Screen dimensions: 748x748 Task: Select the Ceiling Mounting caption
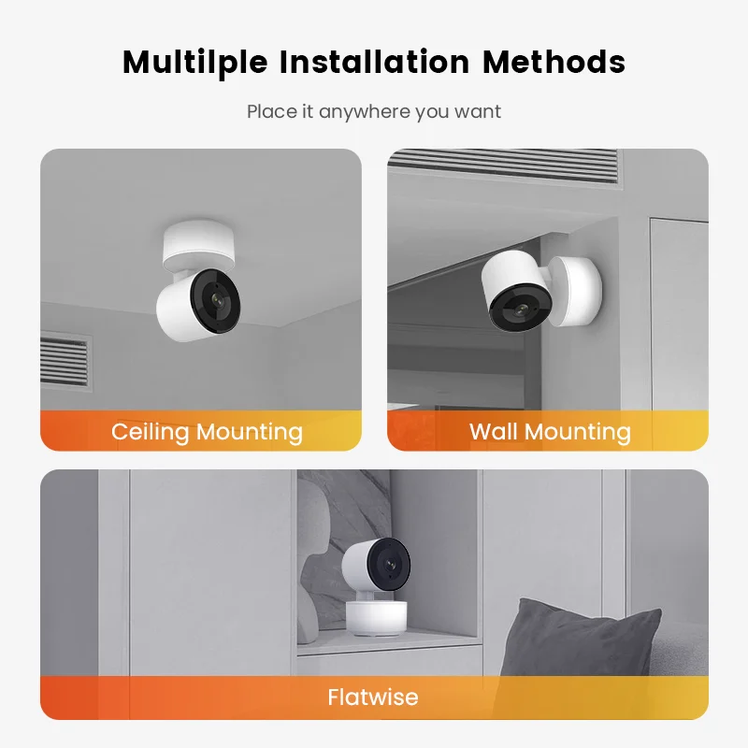(207, 432)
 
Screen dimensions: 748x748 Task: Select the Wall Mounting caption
(550, 432)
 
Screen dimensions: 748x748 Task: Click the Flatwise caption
(373, 698)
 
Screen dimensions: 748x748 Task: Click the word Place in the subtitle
(268, 112)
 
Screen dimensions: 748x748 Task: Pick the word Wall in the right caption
(492, 432)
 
